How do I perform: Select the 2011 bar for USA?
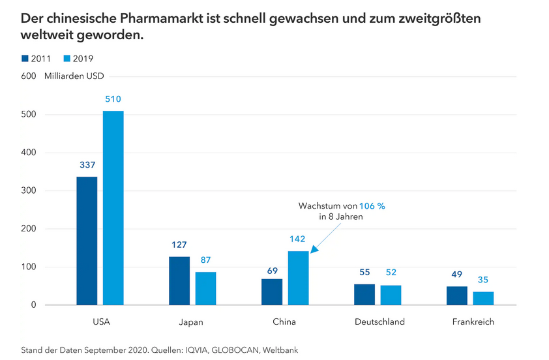click(87, 241)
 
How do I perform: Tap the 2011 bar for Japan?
click(179, 280)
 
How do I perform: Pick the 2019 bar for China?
click(299, 278)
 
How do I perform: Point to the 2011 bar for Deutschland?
click(364, 294)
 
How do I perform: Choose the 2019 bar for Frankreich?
click(483, 298)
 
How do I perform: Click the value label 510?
click(113, 100)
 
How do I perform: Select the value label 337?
click(87, 165)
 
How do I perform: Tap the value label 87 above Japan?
click(206, 260)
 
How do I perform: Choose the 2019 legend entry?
click(78, 59)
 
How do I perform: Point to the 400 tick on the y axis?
click(29, 153)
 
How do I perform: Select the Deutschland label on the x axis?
click(379, 322)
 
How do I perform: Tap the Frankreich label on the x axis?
click(473, 322)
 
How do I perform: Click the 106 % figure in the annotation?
click(372, 205)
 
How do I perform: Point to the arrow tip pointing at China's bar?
click(311, 251)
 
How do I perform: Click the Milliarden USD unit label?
click(74, 76)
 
